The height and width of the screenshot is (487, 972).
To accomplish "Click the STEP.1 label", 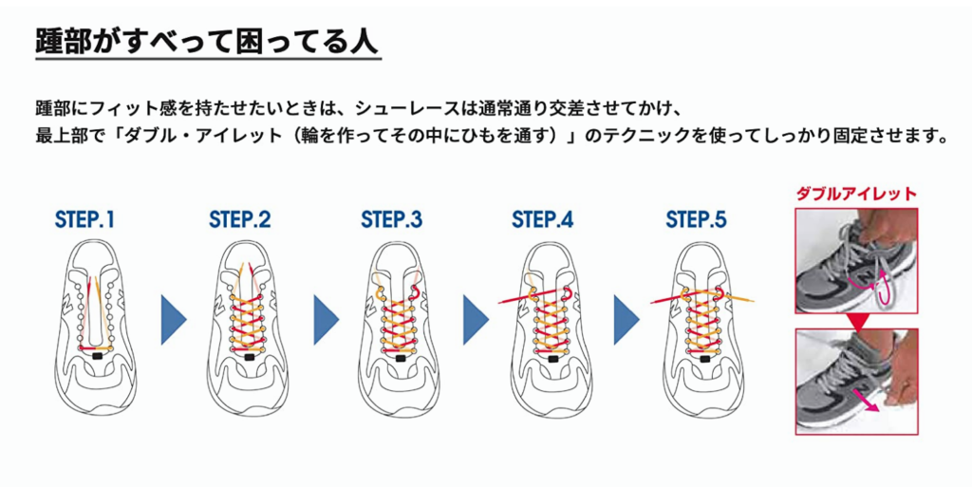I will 84,220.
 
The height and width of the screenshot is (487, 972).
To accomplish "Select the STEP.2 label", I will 240,220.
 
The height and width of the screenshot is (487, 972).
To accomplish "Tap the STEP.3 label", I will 391,220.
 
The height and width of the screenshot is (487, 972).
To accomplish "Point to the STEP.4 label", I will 543,220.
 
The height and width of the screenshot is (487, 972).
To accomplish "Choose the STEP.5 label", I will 696,220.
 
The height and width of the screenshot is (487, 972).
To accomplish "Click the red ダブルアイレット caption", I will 855,194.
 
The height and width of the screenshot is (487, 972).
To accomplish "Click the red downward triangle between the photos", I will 857,322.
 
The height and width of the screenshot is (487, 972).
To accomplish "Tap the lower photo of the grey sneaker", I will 855,380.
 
